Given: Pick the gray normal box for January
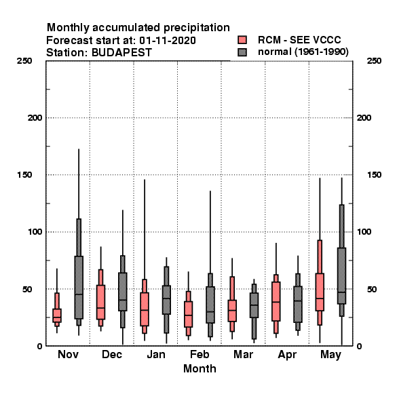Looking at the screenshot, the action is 166,300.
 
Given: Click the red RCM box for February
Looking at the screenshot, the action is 188,314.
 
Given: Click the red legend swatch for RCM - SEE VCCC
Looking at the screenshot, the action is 242,40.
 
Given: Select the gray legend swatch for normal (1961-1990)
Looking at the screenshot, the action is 242,52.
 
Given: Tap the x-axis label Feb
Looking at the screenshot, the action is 200,354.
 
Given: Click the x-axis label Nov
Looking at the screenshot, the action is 68,354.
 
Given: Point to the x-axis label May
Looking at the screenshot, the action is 330,355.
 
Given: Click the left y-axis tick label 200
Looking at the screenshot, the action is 35,118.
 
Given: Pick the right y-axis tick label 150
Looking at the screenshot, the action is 375,175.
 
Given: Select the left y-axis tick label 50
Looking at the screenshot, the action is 27,289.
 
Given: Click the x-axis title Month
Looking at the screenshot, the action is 200,368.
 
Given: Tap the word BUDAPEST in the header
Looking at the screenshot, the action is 121,52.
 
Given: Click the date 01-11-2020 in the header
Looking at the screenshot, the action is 168,40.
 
